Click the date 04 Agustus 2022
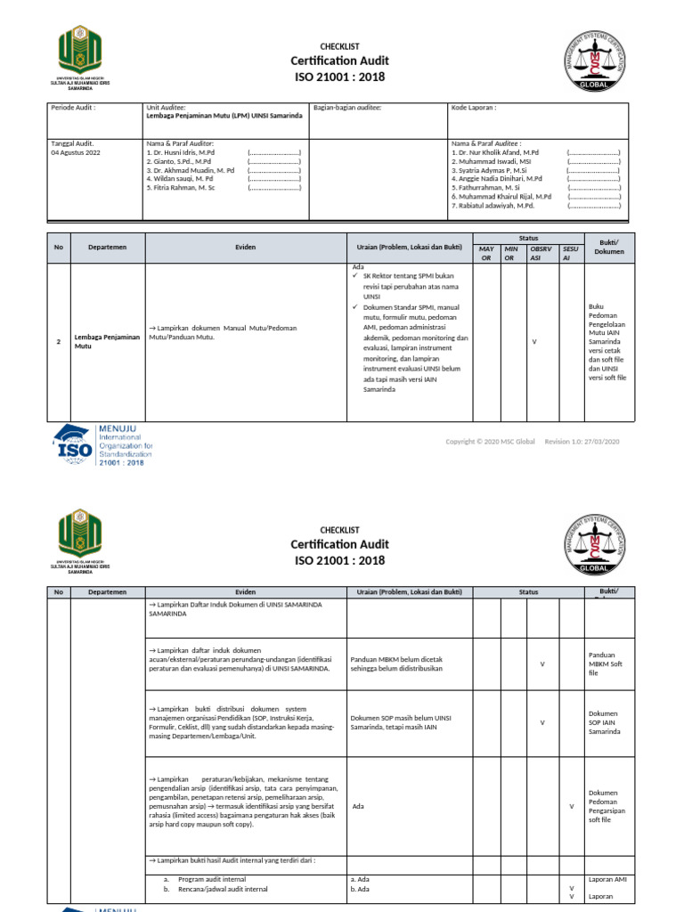(x=76, y=152)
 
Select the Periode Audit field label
(x=72, y=107)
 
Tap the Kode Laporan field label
(x=474, y=107)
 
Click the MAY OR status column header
(x=486, y=253)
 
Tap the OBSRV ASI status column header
(x=541, y=253)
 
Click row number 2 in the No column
(x=59, y=342)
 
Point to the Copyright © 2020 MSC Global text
(x=491, y=442)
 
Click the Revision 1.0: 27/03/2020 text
(x=582, y=442)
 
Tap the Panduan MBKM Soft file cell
(x=606, y=664)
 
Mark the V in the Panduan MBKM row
(x=542, y=664)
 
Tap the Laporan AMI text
(x=607, y=879)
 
